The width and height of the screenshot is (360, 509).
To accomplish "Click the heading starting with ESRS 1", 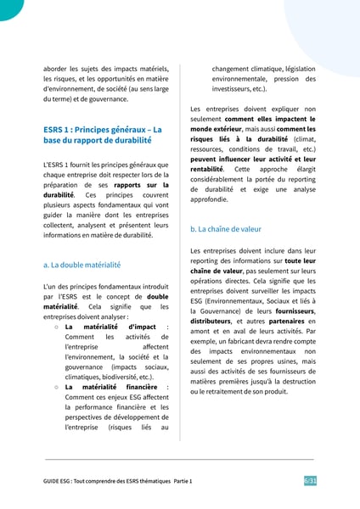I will pyautogui.click(x=102, y=134).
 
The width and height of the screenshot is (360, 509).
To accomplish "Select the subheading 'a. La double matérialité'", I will pyautogui.click(x=81, y=265).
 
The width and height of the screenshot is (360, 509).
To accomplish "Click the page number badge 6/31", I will pyautogui.click(x=310, y=481).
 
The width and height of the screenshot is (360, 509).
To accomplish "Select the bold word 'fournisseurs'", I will pyautogui.click(x=292, y=310).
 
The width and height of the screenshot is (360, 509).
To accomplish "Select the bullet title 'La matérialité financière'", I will pyautogui.click(x=115, y=387).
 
